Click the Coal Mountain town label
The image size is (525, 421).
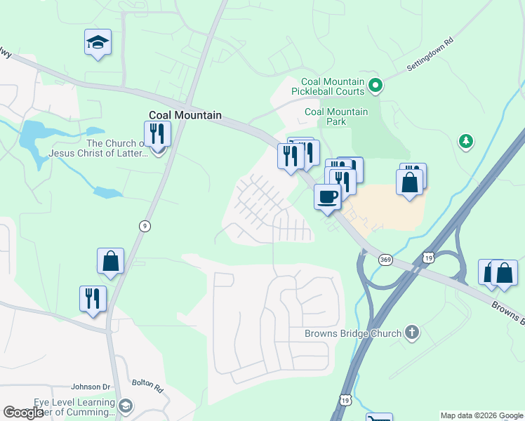coord(185,115)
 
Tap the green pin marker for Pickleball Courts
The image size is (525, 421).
coord(376,86)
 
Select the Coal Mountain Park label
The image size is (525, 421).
coord(336,116)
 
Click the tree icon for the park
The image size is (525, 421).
coord(465,142)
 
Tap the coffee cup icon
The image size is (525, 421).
coord(327,196)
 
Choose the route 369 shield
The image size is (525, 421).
coord(385,260)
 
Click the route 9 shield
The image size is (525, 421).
coord(144,225)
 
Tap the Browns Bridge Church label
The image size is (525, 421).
coord(352,333)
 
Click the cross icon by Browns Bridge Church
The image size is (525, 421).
coord(412,332)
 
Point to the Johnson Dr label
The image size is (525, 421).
coord(91,387)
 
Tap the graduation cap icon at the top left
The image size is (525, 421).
coord(98,43)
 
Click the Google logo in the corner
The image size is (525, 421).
coord(23,413)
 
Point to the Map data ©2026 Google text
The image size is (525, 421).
coord(481,415)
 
